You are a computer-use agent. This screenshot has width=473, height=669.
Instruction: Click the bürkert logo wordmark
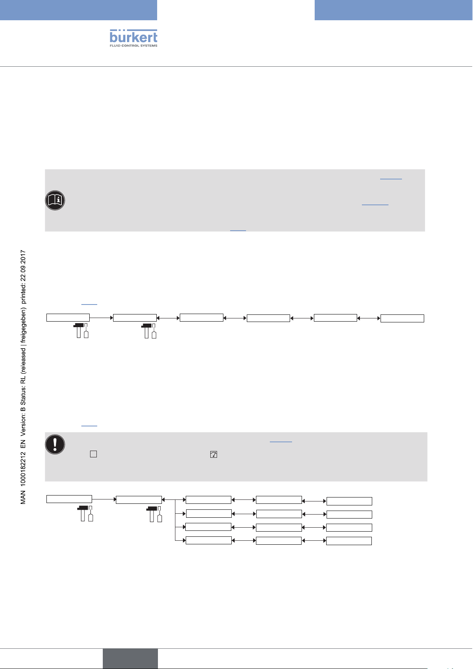tap(133, 37)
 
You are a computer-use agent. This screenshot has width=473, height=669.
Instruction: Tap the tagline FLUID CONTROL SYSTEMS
tap(133, 46)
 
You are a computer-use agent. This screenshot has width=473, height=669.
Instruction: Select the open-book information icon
tap(55, 201)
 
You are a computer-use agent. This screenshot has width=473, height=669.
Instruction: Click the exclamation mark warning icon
tap(55, 444)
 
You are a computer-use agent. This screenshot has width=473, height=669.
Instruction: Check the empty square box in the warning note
tap(93, 454)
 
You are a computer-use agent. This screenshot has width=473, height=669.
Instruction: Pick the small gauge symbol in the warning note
tap(213, 454)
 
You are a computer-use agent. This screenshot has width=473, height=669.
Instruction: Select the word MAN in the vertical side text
tap(23, 497)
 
